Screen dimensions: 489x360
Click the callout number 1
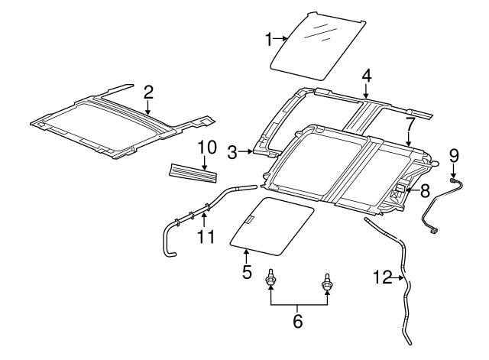point(268,40)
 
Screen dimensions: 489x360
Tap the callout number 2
point(148,92)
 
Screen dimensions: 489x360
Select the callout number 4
point(367,76)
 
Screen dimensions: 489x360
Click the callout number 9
point(454,156)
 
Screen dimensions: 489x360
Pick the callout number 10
point(207,148)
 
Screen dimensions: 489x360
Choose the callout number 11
point(206,237)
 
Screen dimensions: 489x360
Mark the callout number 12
point(382,277)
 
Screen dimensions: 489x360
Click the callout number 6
point(298,321)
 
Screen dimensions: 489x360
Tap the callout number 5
point(246,272)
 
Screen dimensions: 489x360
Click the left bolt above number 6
point(270,277)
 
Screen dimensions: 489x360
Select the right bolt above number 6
point(326,283)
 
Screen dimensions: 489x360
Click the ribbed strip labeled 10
point(193,173)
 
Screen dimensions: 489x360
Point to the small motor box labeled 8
point(400,188)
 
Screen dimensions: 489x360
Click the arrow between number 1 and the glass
point(280,39)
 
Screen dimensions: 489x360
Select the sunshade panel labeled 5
point(271,227)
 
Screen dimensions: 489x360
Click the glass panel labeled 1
point(317,46)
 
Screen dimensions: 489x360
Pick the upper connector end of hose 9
point(452,180)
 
